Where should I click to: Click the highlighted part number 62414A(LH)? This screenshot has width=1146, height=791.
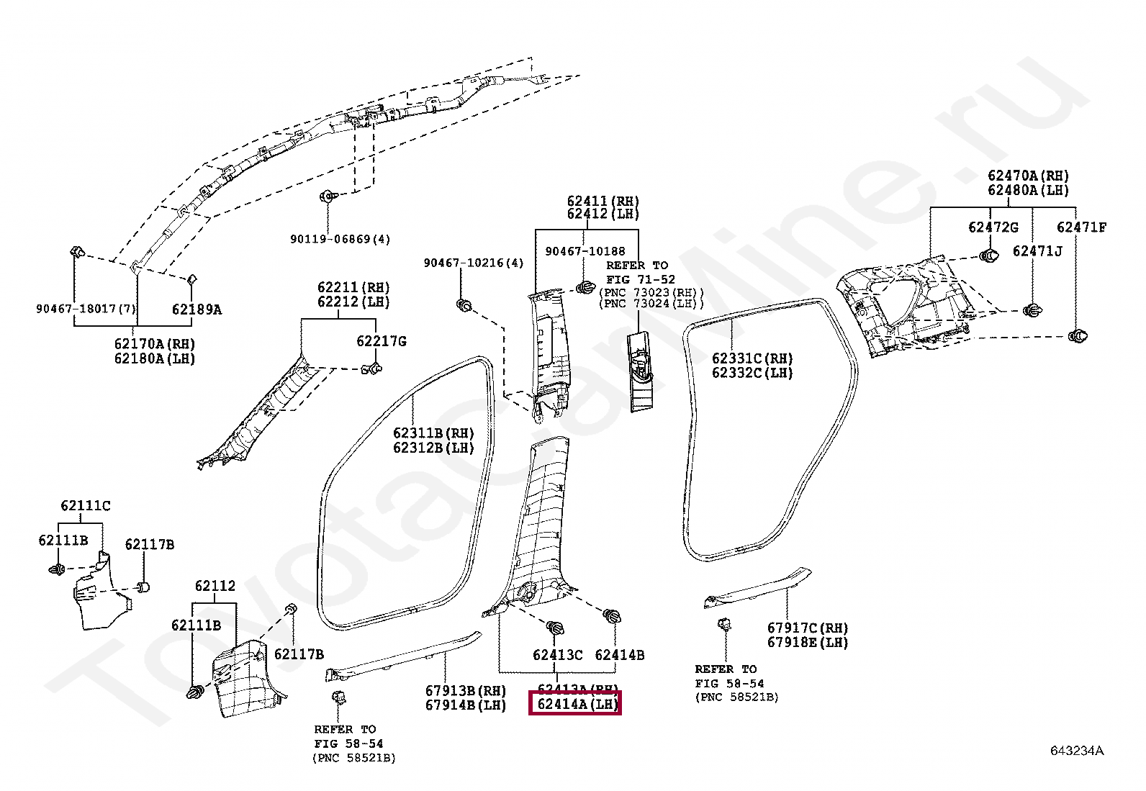(x=574, y=704)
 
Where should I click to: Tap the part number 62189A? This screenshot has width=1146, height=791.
(x=197, y=309)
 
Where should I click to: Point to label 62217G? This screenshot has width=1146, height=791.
(x=382, y=340)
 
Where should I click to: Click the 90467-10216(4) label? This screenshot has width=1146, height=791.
(x=474, y=263)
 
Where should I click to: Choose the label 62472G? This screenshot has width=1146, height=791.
(x=993, y=227)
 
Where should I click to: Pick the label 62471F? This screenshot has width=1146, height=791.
(x=1081, y=227)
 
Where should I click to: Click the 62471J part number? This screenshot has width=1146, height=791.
(x=1037, y=250)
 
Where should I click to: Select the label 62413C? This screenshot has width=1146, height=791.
(x=557, y=655)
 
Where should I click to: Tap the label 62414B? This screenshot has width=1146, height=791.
(x=619, y=655)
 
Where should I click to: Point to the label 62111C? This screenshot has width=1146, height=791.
(x=86, y=505)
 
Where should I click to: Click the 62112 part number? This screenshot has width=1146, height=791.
(x=215, y=586)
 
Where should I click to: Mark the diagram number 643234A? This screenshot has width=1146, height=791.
(x=1076, y=751)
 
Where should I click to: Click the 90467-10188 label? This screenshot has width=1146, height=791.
(x=585, y=250)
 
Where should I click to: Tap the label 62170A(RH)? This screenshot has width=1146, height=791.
(x=154, y=344)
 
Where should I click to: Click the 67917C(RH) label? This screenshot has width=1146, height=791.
(x=808, y=628)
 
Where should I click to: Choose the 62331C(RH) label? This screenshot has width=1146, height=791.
(x=752, y=358)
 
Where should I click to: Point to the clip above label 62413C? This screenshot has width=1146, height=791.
(x=555, y=628)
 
